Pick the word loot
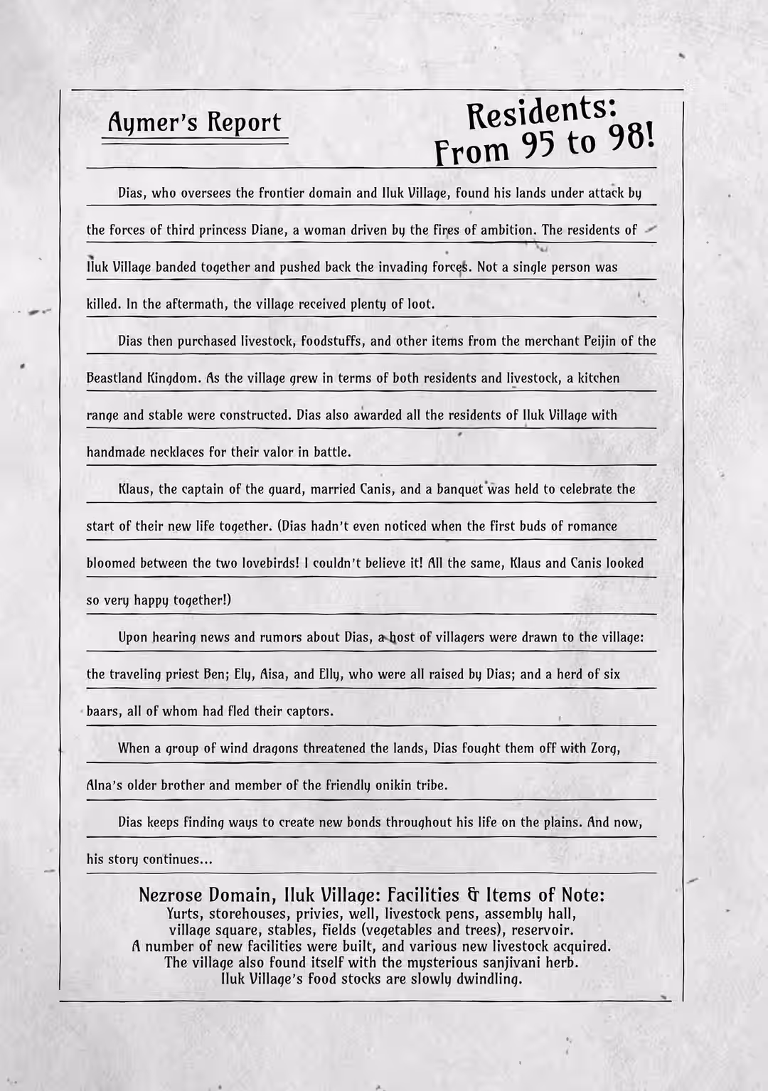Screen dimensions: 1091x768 click(420, 304)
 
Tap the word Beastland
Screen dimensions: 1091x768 click(114, 378)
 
